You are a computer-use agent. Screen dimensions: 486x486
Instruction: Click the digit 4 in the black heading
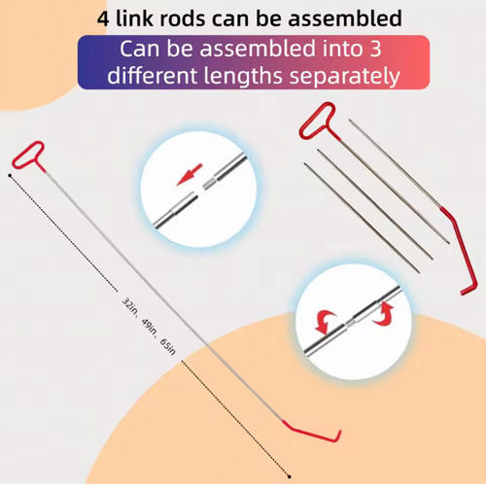103,18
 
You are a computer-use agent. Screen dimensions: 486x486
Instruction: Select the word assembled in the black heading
345,18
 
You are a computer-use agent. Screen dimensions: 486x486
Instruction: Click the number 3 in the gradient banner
375,49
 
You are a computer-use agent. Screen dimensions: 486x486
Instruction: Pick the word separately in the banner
345,77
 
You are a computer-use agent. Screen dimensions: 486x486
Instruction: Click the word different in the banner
152,76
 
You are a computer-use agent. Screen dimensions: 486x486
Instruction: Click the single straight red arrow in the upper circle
190,174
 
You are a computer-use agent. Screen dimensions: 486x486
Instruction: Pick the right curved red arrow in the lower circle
384,313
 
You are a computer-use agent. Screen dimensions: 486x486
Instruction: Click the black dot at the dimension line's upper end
10,176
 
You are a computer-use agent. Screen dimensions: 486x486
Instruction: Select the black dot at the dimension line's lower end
290,476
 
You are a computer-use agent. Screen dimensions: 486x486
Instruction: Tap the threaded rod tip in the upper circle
209,184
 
